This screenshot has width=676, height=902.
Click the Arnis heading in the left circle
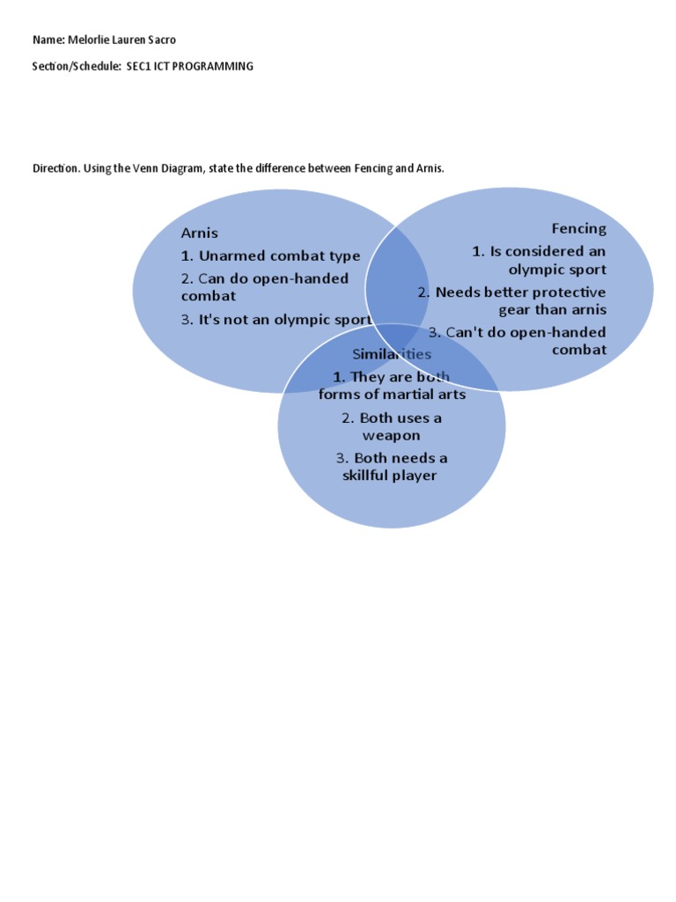pyautogui.click(x=199, y=233)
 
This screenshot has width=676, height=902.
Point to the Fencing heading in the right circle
pyautogui.click(x=578, y=229)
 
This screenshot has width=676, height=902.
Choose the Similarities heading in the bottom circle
pyautogui.click(x=392, y=354)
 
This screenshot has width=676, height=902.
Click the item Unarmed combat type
pyautogui.click(x=270, y=256)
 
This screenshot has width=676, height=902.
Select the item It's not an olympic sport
pyautogui.click(x=276, y=320)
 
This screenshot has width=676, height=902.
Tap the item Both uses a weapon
pyautogui.click(x=392, y=426)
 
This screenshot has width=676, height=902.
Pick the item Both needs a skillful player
pyautogui.click(x=391, y=467)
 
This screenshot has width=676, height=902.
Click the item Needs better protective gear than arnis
pyautogui.click(x=512, y=300)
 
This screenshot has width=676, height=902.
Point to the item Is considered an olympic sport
pyautogui.click(x=539, y=261)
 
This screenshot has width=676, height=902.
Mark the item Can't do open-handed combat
pyautogui.click(x=518, y=341)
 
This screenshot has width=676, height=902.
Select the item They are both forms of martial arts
pyautogui.click(x=392, y=386)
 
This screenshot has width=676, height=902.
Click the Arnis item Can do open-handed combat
pyautogui.click(x=264, y=288)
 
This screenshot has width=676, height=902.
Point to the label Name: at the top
pyautogui.click(x=48, y=40)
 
